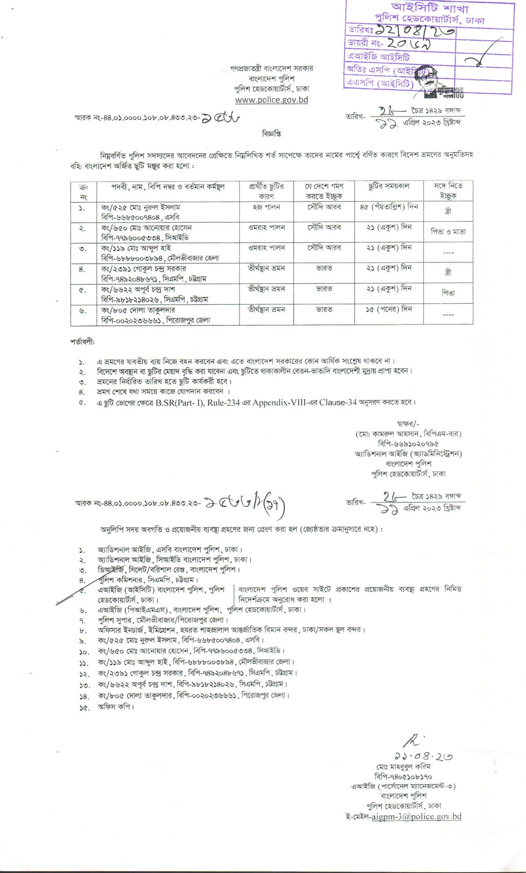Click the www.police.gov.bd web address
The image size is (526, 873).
[x=272, y=100]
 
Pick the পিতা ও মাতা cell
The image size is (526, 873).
[x=448, y=232]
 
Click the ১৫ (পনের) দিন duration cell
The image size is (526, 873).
[x=389, y=309]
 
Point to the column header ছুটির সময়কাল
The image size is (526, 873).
[x=389, y=186]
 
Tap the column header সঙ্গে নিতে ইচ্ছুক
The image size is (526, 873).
[x=448, y=190]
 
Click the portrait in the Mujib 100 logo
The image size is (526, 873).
[x=429, y=81]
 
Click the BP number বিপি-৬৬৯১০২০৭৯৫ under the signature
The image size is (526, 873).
[x=408, y=444]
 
